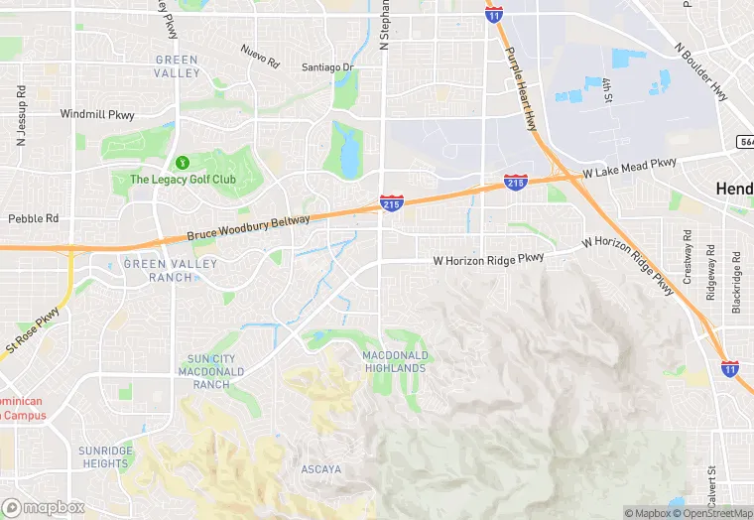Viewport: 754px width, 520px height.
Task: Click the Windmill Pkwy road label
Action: (x=96, y=114)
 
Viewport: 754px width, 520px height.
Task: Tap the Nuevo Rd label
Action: (x=260, y=56)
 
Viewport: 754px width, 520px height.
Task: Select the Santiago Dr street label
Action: (x=328, y=67)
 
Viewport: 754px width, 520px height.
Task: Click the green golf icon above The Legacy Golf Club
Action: (x=182, y=162)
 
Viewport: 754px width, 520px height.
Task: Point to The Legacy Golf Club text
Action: (x=183, y=180)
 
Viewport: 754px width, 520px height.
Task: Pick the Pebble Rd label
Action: (x=34, y=218)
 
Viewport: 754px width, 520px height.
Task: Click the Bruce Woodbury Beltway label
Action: (x=248, y=229)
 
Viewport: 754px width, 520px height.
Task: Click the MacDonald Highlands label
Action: (x=395, y=361)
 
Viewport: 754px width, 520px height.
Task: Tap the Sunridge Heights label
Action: (x=105, y=456)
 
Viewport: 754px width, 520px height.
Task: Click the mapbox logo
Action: (x=43, y=507)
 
